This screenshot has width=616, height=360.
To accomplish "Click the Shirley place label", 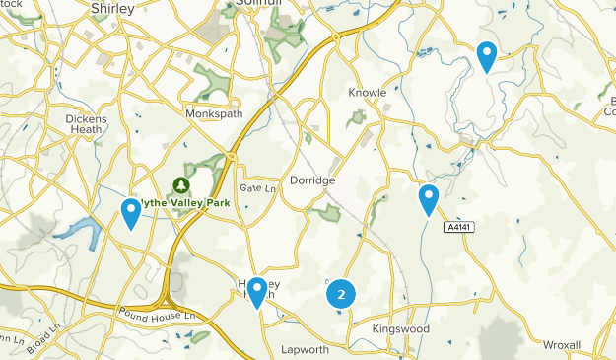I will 110,9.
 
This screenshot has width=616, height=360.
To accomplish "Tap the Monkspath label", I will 213,114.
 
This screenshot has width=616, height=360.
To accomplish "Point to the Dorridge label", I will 313,181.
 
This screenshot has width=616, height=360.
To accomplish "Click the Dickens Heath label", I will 86,124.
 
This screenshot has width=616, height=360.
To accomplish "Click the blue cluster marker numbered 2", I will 341,294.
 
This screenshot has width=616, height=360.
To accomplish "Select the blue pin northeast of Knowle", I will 486,56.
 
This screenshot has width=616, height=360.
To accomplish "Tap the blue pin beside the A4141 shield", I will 428,199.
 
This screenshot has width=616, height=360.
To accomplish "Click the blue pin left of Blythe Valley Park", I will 130,212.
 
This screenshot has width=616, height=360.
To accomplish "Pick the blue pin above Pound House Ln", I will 257,291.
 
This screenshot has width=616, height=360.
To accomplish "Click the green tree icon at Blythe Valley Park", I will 181,184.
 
